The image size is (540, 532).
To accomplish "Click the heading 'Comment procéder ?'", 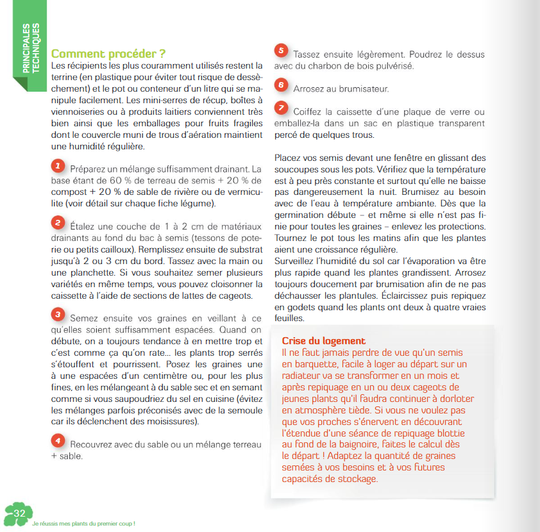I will click(x=108, y=53).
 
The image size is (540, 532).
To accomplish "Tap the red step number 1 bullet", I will click(x=58, y=166).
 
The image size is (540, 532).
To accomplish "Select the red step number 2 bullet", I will click(x=58, y=222).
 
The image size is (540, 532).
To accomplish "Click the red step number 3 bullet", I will click(x=58, y=314).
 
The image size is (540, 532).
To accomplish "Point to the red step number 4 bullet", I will click(x=58, y=441).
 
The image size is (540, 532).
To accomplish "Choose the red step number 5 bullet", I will click(x=280, y=51).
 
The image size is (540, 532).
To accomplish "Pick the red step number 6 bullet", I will click(x=280, y=85).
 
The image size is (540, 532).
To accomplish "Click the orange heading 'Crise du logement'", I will click(x=323, y=341).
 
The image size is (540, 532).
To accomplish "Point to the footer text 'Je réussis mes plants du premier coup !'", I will click(x=83, y=523).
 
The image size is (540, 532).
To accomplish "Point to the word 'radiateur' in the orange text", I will click(x=303, y=376).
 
